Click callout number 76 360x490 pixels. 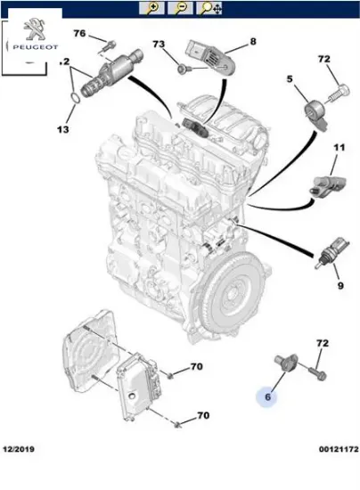(79, 34)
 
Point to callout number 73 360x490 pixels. (159, 45)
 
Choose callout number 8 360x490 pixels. (252, 41)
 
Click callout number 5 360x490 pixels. (290, 80)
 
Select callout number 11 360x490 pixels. (339, 146)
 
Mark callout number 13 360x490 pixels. (62, 129)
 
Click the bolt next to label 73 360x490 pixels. (184, 68)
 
